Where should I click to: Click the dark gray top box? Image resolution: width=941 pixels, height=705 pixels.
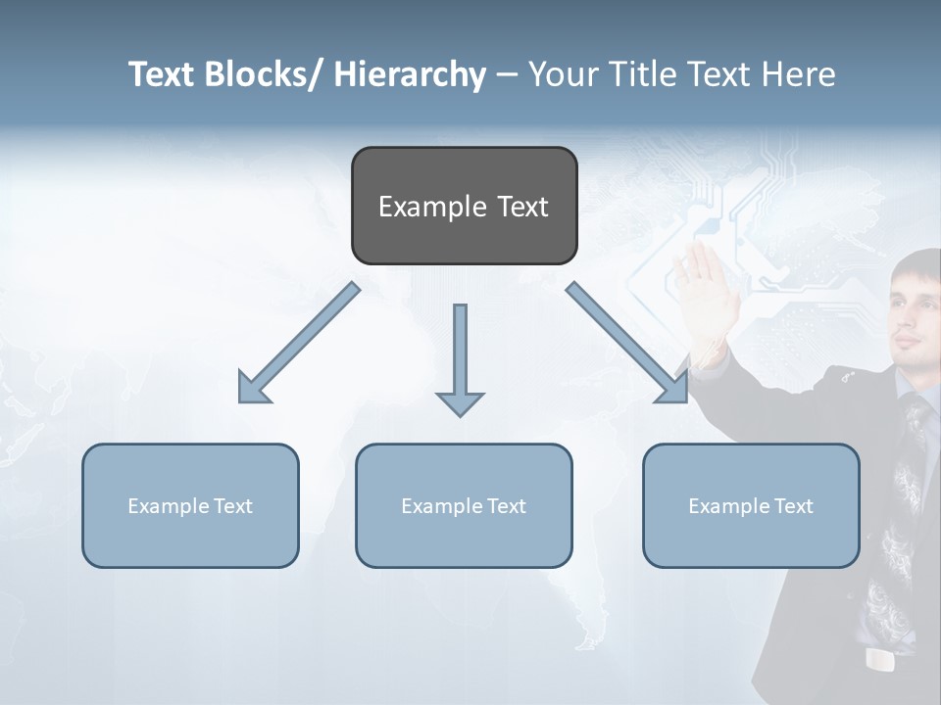(464, 207)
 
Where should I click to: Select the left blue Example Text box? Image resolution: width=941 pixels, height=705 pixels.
(190, 506)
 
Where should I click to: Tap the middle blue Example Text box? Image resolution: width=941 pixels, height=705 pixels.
(464, 506)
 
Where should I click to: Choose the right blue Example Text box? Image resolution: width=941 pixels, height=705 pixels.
(751, 506)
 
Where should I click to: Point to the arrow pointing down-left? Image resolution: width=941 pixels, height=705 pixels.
(299, 343)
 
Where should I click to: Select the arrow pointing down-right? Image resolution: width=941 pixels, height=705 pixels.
(627, 343)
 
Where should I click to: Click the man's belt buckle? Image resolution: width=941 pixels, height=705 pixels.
(880, 660)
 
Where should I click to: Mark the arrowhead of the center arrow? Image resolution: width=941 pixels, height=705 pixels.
(460, 403)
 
